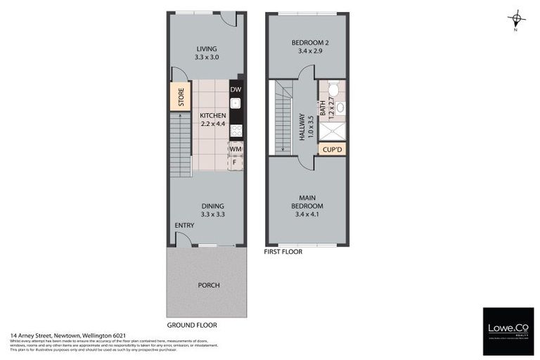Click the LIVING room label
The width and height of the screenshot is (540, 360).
[207, 49]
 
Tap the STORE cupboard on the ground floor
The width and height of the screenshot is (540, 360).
[181, 96]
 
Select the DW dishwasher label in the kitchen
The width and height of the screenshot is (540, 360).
[236, 89]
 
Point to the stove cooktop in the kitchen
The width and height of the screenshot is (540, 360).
[236, 130]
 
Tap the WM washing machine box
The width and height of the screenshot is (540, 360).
[236, 148]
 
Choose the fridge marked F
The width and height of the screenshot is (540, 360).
[236, 162]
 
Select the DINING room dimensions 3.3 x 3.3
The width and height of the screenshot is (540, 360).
[212, 214]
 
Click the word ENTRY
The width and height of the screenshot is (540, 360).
[184, 226]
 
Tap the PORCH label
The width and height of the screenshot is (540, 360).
[209, 285]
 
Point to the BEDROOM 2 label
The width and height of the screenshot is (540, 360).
[306, 43]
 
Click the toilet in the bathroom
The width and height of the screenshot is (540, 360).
[335, 90]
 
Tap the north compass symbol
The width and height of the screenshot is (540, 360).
[517, 20]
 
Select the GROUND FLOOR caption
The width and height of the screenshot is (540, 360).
[192, 326]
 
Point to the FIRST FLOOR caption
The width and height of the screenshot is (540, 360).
[283, 251]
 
